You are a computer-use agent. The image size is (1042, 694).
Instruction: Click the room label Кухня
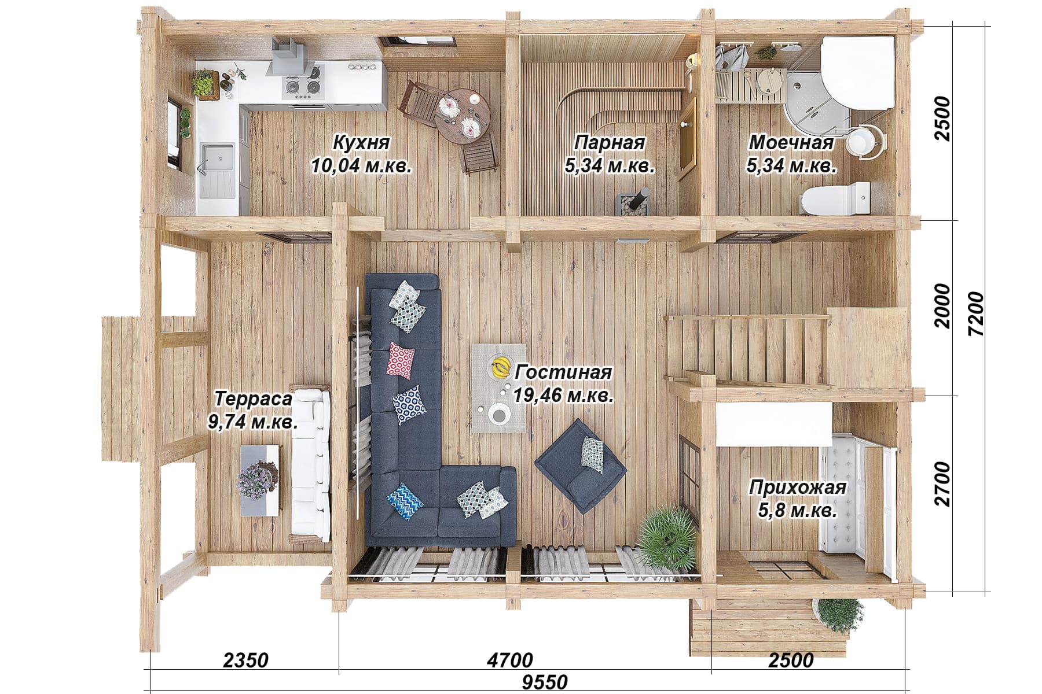pyautogui.click(x=362, y=142)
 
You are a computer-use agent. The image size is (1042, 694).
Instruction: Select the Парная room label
pyautogui.click(x=610, y=142)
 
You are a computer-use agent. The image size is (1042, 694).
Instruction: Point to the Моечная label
pyautogui.click(x=791, y=142)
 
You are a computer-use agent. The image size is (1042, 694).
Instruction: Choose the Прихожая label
pyautogui.click(x=798, y=488)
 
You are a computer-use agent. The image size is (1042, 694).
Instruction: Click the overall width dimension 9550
pyautogui.click(x=544, y=682)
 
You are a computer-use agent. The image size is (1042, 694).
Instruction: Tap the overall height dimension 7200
pyautogui.click(x=975, y=314)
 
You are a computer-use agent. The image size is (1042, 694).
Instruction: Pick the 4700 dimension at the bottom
pyautogui.click(x=509, y=660)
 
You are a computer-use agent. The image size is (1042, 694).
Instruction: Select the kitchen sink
pyautogui.click(x=218, y=160)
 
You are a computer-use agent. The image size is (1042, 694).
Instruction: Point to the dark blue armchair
pyautogui.click(x=581, y=466)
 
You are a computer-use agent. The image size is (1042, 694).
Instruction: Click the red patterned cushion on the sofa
pyautogui.click(x=401, y=360)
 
